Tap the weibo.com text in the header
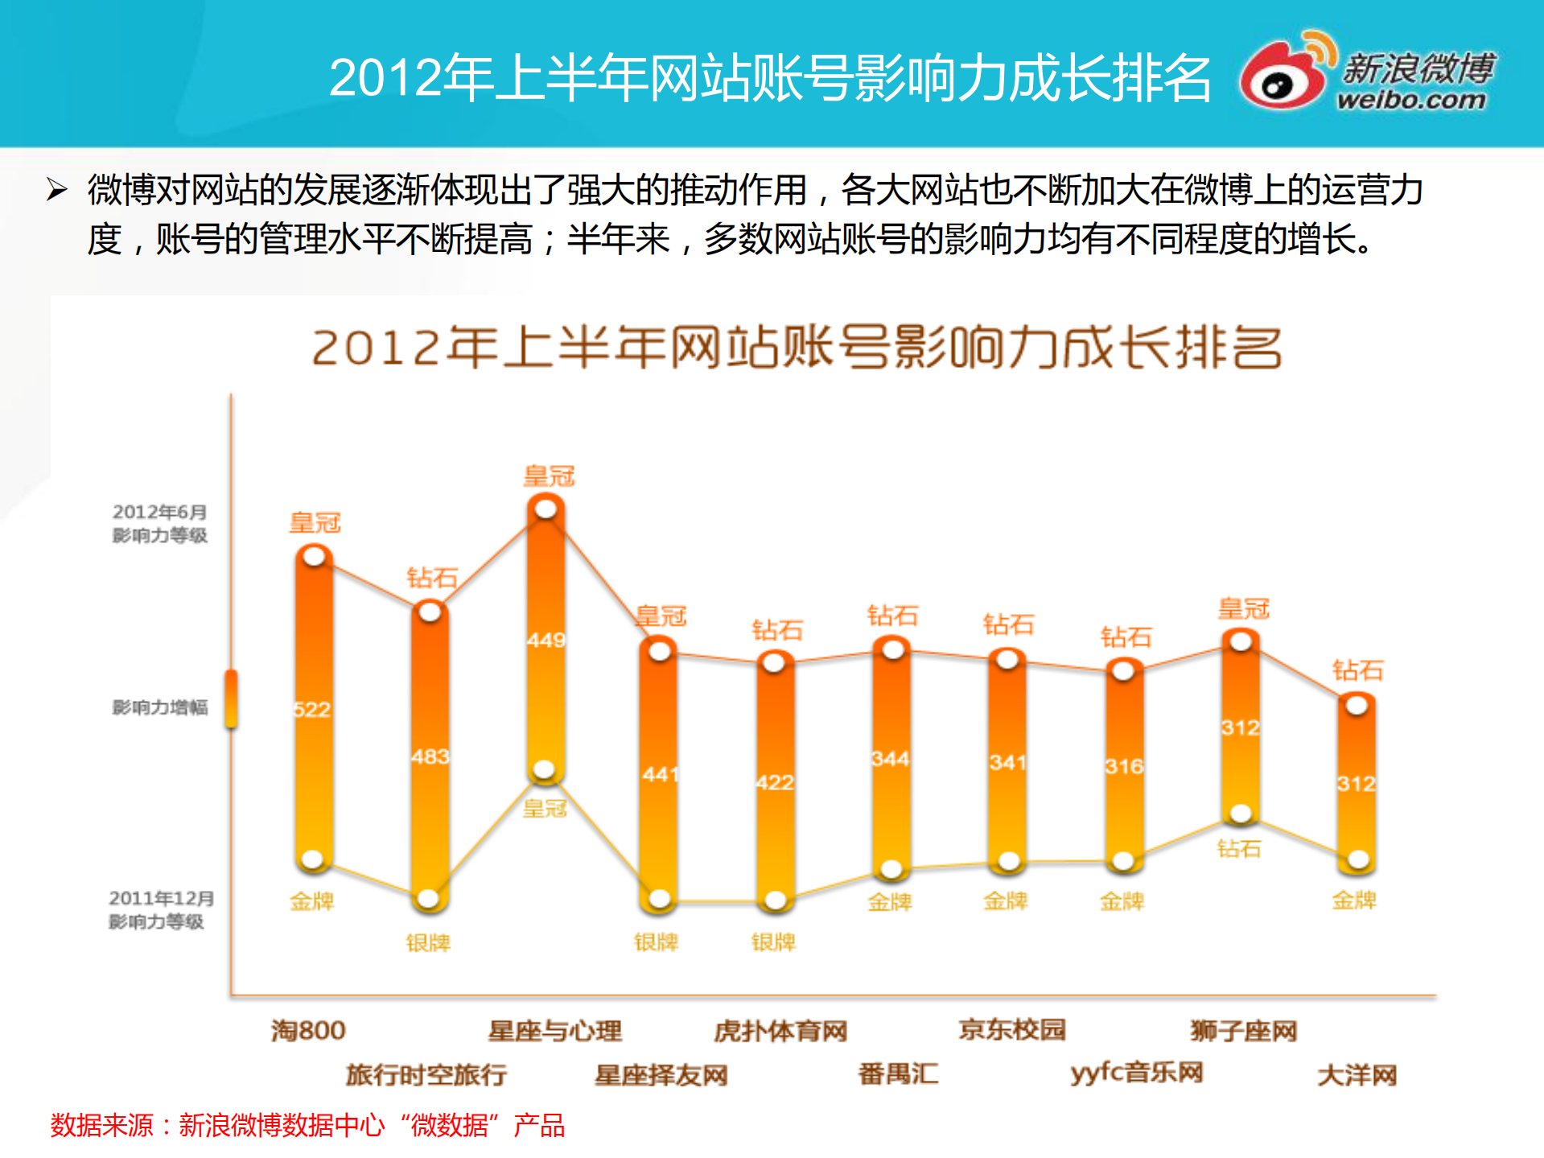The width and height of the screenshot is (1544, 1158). [x=1410, y=100]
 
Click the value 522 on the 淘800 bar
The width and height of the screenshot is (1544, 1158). [x=312, y=710]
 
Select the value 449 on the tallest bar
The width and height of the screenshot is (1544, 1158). [x=546, y=641]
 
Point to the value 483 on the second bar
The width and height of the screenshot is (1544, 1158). [x=430, y=756]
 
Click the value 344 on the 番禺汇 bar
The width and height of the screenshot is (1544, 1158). [x=891, y=759]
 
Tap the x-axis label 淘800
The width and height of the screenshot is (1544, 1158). [x=308, y=1030]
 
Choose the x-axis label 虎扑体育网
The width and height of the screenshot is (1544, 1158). [x=780, y=1031]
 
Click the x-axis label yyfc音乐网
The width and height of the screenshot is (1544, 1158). [x=1136, y=1073]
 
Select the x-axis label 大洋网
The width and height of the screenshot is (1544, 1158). [x=1357, y=1074]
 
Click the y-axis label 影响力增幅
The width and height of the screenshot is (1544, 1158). [x=159, y=707]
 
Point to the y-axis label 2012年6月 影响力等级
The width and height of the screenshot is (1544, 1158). [x=159, y=523]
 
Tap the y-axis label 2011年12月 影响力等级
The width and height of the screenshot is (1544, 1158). [x=159, y=909]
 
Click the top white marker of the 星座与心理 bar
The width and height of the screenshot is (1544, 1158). [x=546, y=509]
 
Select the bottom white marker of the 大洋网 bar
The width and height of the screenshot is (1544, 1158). [x=1358, y=859]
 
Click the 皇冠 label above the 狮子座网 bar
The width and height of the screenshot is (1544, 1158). [x=1243, y=608]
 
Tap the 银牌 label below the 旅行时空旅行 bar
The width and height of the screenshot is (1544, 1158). [x=428, y=942]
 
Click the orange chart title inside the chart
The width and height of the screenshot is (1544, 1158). [x=797, y=348]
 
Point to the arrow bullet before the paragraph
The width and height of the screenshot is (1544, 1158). [x=56, y=190]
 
